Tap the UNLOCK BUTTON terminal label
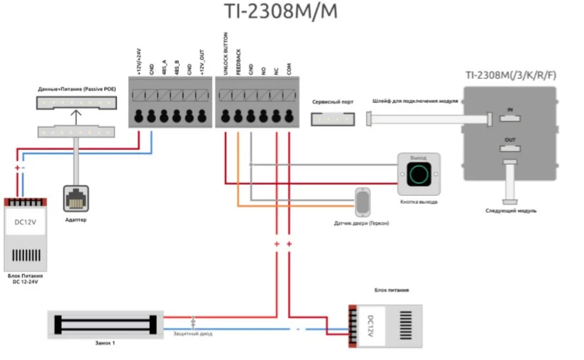[226, 53]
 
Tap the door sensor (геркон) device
[362, 202]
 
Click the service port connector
[331, 119]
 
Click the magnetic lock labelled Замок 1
[105, 324]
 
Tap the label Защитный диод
[193, 334]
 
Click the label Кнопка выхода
[418, 202]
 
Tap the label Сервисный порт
[332, 102]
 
